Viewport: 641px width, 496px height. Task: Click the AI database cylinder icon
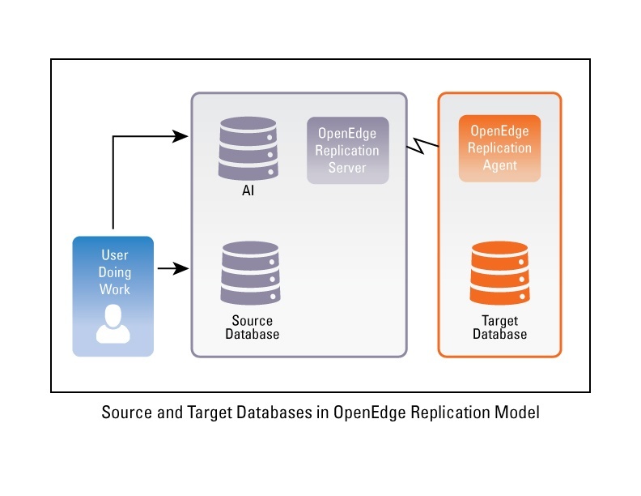pyautogui.click(x=248, y=150)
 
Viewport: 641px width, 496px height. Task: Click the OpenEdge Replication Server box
pyautogui.click(x=347, y=150)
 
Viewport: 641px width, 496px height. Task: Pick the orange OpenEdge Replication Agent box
pyautogui.click(x=499, y=148)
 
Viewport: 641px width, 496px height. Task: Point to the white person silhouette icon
pyautogui.click(x=113, y=325)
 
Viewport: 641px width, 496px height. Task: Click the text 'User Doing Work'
pyautogui.click(x=114, y=272)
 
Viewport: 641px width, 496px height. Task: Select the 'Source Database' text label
pyautogui.click(x=252, y=327)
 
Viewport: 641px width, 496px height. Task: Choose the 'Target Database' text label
pyautogui.click(x=499, y=327)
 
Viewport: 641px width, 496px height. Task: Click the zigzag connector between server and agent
pyautogui.click(x=422, y=145)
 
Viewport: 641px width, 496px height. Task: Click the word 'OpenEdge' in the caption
pyautogui.click(x=369, y=413)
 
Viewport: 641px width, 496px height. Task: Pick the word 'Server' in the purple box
pyautogui.click(x=347, y=168)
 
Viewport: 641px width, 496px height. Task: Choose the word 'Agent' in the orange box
pyautogui.click(x=499, y=165)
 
